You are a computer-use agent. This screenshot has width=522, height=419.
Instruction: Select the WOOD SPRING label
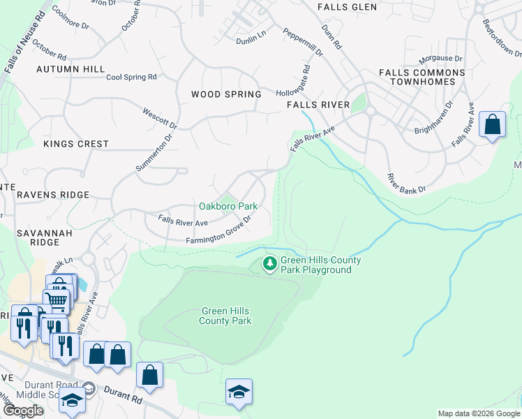point(226,94)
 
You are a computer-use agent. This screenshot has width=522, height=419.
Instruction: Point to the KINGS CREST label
point(76,144)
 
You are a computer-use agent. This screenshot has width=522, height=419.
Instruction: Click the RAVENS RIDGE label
point(53,195)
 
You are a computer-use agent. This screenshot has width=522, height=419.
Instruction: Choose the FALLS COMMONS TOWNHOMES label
point(422,77)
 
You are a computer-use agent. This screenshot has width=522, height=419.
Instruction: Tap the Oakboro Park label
point(228,206)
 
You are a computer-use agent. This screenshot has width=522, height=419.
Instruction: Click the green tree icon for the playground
point(269,264)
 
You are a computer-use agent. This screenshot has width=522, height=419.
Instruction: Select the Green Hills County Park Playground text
point(320,265)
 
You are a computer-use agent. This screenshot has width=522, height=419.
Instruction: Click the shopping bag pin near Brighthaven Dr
point(493,126)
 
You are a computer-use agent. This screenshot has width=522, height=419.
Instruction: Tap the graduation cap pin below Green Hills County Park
point(239,392)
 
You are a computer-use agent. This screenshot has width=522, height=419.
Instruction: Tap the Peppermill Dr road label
point(303,42)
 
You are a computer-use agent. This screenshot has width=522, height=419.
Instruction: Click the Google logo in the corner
point(23,411)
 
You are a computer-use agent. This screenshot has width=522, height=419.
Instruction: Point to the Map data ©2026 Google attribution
point(479,413)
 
